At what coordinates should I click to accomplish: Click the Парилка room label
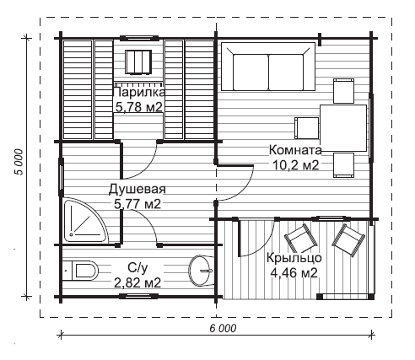click(139, 92)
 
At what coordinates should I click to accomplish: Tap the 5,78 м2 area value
click(139, 107)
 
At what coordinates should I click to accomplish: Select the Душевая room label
click(137, 190)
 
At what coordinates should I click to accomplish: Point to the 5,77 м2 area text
click(137, 204)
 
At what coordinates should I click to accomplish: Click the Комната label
click(295, 150)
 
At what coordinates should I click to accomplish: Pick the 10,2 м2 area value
click(296, 165)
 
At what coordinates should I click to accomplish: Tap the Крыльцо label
click(294, 258)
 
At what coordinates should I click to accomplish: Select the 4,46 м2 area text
click(294, 272)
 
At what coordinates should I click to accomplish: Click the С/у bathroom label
click(137, 268)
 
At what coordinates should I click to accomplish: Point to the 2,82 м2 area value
click(137, 283)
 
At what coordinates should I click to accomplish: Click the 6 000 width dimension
click(223, 328)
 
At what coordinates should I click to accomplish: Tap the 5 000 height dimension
click(19, 162)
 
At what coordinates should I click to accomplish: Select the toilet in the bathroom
click(80, 271)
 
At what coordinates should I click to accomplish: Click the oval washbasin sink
click(200, 271)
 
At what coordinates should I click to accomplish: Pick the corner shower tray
click(85, 221)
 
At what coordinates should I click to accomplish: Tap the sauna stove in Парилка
click(138, 62)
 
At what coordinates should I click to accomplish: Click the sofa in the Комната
click(268, 67)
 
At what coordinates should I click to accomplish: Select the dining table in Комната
click(343, 128)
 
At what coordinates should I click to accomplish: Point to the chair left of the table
click(307, 128)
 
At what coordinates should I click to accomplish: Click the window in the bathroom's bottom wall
click(138, 296)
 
